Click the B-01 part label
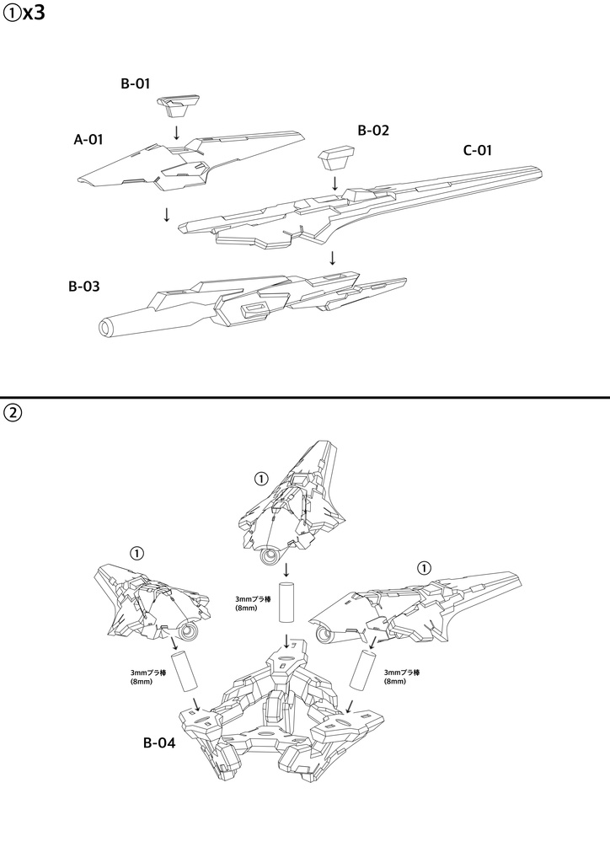(136, 83)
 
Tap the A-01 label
(88, 140)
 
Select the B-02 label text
(373, 131)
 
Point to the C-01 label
(478, 150)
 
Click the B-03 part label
(84, 287)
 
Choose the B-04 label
(159, 742)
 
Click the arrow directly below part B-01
(176, 132)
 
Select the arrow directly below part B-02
(334, 183)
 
